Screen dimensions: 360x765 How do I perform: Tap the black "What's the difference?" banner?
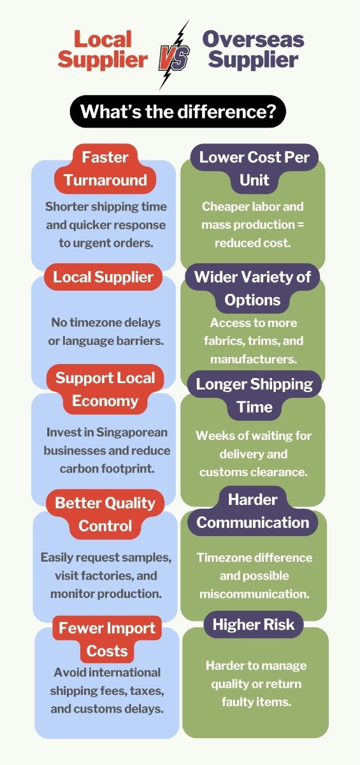178,112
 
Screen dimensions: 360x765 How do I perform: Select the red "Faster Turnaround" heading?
105,169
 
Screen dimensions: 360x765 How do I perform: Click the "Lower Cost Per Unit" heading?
254,169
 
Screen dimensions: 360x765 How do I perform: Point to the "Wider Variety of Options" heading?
252,288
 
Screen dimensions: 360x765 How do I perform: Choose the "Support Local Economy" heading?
105,390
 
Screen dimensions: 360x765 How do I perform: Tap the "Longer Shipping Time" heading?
255,395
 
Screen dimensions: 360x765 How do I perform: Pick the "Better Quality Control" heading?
105,514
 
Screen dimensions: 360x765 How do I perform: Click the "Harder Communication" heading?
253,511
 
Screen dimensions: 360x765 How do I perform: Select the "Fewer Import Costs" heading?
107,639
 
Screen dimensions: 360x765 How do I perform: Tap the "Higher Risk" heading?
254,624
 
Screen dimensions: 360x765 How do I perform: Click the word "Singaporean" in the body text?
132,432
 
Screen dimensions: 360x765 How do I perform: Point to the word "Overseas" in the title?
253,39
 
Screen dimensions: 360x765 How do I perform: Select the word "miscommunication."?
255,594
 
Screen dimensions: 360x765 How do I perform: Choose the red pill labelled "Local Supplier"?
103,277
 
